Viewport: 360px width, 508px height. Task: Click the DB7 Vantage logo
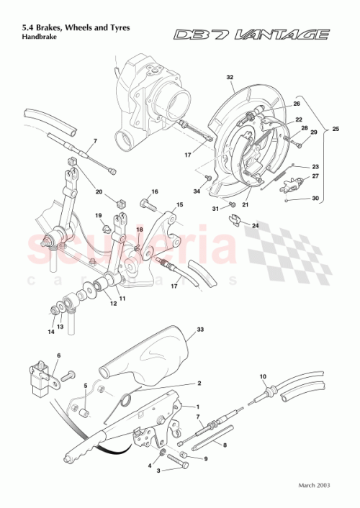click(x=252, y=34)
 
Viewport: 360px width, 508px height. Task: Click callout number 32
click(x=230, y=77)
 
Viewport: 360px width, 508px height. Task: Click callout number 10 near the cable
click(x=263, y=376)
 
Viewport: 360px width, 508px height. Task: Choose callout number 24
click(x=254, y=225)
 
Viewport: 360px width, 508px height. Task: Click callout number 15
click(x=180, y=205)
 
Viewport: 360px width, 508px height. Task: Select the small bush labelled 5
click(x=84, y=412)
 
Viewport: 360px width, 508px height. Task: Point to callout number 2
click(x=199, y=384)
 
